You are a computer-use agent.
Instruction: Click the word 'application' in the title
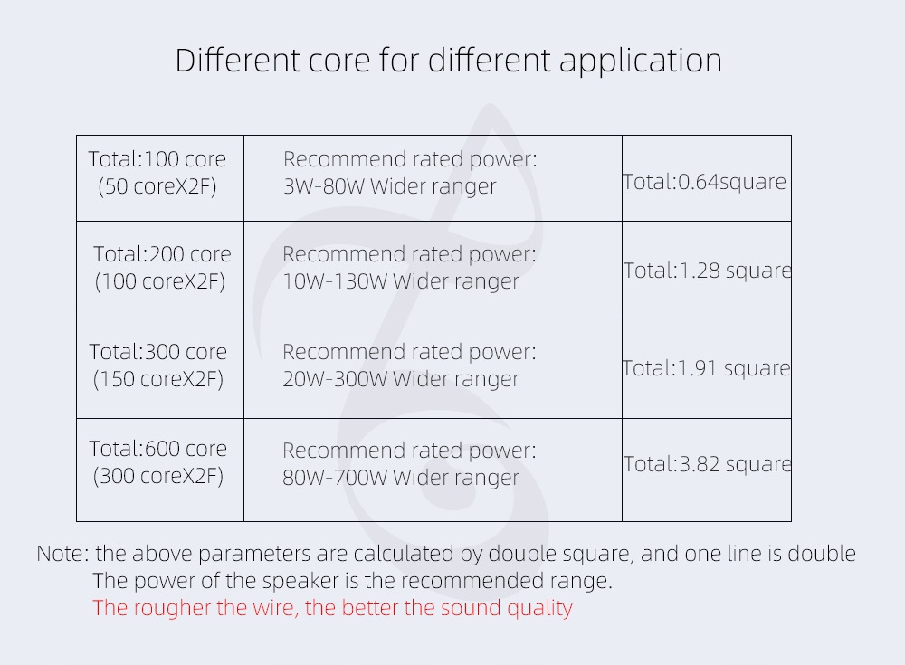coord(641,62)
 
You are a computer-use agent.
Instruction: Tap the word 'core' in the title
coord(339,62)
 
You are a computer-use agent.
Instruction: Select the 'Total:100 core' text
coord(157,159)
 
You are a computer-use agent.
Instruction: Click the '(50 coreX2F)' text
coord(157,186)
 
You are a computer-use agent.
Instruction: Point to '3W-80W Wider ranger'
coord(389,186)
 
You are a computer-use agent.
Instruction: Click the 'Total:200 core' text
coord(162,254)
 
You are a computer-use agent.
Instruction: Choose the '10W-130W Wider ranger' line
coord(401,281)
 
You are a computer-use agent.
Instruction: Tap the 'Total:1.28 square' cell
coord(707,271)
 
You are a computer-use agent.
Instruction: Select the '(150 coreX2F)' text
coord(158,379)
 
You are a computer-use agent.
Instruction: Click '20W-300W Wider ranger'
coord(401,379)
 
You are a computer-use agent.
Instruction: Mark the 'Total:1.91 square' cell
coord(706,368)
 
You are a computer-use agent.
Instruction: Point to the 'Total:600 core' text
coord(157,449)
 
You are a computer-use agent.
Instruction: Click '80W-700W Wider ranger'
coord(401,478)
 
